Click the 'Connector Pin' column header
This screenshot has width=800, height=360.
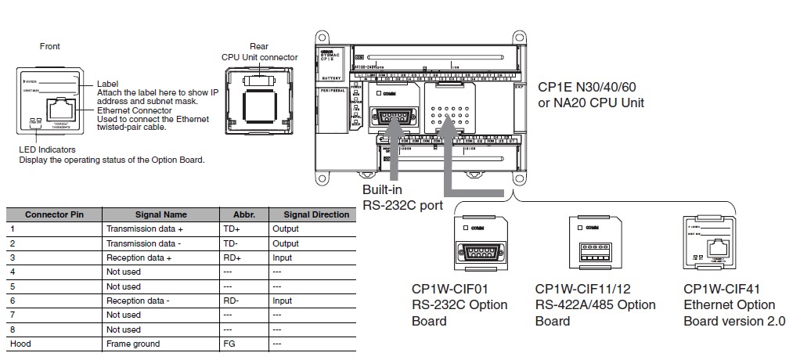click(x=53, y=214)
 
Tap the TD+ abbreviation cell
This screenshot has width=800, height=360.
click(x=232, y=229)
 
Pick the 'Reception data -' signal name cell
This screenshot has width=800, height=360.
click(x=138, y=301)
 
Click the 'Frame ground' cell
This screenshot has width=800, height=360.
click(x=132, y=344)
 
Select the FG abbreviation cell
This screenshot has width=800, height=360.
click(x=229, y=344)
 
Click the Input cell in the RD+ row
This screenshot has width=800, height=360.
click(x=282, y=257)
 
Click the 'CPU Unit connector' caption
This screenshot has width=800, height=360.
click(x=259, y=57)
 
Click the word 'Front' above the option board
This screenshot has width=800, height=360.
click(x=49, y=47)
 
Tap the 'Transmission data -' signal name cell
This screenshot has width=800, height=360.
click(x=141, y=243)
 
